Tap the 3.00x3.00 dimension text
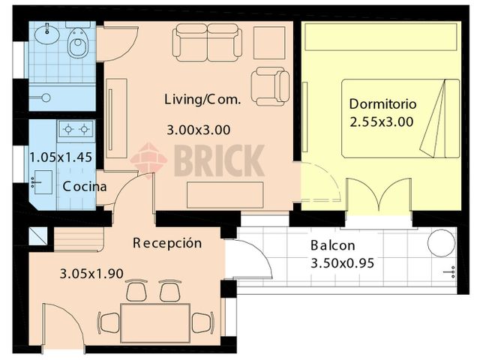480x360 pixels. (x=198, y=129)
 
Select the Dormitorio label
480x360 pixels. (x=383, y=104)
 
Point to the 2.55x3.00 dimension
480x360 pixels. (x=381, y=122)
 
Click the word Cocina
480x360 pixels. (x=84, y=187)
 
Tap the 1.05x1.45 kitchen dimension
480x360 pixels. (x=60, y=158)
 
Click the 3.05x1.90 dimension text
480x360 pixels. (x=91, y=274)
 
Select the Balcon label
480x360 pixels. (x=332, y=246)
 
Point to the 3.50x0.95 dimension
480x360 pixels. (x=342, y=263)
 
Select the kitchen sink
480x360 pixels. (x=41, y=181)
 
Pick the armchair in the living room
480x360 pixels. (x=268, y=85)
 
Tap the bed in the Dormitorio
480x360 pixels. (x=400, y=118)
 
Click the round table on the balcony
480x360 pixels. (x=440, y=243)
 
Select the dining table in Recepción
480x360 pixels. (x=155, y=321)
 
